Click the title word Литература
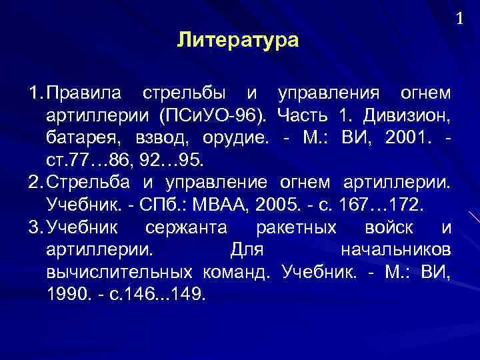coord(239,41)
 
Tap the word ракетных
coord(296,228)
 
